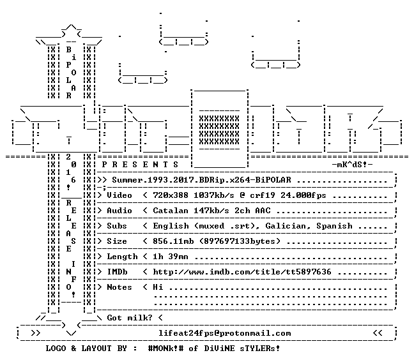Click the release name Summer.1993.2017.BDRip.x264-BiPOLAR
pos(201,180)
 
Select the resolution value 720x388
pos(171,195)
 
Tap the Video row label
pos(119,195)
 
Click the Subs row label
pos(117,226)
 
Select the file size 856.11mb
pos(173,241)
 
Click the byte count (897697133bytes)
pos(240,241)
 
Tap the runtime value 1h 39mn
pos(171,257)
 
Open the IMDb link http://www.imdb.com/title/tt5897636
pos(242,272)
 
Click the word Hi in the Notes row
pos(158,287)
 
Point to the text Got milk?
pos(129,318)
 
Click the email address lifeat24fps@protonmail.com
pos(224,333)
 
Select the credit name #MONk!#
pos(165,349)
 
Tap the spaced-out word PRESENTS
pos(140,165)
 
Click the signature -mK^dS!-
pos(352,165)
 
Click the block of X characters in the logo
pos(219,130)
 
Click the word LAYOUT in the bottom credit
pos(96,349)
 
